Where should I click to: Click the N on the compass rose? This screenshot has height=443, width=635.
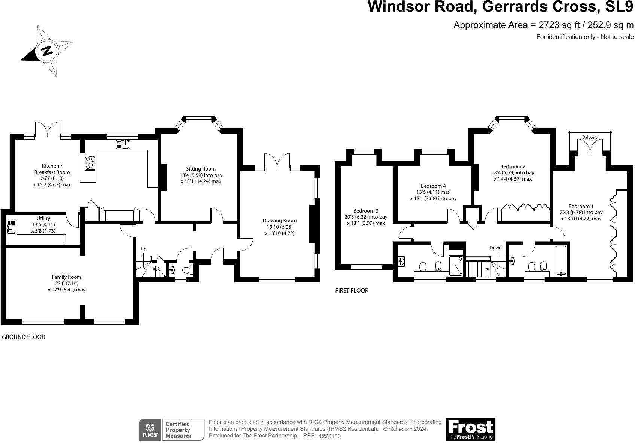(x=47, y=51)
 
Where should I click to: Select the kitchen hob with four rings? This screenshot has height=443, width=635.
(x=90, y=163)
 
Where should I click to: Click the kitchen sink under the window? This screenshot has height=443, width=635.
(x=123, y=144)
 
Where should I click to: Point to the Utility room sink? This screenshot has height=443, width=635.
(x=11, y=227)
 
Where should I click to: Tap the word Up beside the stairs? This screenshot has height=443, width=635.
(x=143, y=249)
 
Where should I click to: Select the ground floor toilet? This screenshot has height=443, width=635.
(x=186, y=270)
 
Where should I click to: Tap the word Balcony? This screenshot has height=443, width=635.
(x=590, y=137)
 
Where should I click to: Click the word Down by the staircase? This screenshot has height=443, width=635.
(x=495, y=248)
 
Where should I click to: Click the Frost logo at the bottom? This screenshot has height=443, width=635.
(x=470, y=429)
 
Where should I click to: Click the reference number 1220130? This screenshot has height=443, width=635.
(x=330, y=436)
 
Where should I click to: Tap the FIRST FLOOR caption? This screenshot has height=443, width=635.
(x=352, y=291)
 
